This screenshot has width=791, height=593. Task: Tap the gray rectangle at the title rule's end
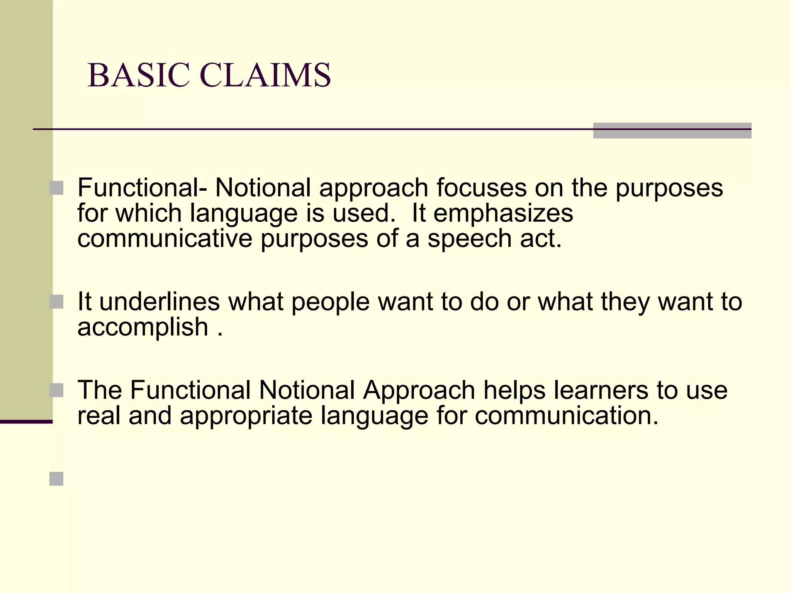[672, 130]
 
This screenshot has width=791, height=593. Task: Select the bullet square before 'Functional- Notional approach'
[56, 188]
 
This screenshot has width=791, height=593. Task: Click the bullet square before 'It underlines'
[56, 302]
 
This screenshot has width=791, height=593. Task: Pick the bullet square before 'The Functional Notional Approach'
[56, 390]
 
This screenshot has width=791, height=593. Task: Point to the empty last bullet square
[56, 479]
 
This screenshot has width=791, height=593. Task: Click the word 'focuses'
[481, 188]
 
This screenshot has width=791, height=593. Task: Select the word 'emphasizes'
[503, 213]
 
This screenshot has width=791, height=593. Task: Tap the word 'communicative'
[165, 239]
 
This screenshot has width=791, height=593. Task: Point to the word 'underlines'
[160, 302]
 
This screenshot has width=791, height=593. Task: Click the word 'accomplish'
[143, 328]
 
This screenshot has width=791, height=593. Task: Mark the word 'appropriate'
[246, 416]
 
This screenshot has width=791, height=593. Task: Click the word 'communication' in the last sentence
[566, 415]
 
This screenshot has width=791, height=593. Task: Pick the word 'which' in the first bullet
[149, 213]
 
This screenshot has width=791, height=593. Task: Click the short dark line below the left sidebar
[26, 422]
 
